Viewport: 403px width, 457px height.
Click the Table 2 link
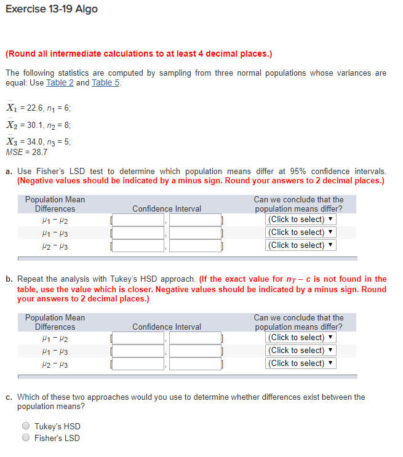pos(60,82)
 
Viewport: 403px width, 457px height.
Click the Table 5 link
pos(105,82)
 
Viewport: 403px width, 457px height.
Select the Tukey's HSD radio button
pos(26,426)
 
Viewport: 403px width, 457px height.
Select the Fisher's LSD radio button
pos(26,438)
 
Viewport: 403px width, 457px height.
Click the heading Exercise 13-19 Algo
pos(52,9)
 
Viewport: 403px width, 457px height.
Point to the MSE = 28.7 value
pos(26,151)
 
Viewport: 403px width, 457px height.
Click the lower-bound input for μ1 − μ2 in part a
pos(138,220)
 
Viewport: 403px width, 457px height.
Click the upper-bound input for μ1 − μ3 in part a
pos(195,232)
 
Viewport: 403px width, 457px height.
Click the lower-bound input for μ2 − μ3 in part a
pos(138,245)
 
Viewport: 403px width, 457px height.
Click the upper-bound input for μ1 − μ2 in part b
pos(195,338)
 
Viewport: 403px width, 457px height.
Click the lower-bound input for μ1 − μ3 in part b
pos(138,351)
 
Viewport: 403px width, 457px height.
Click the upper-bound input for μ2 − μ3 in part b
pos(195,363)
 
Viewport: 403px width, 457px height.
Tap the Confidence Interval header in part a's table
pos(167,209)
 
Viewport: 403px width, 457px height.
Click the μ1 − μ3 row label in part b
pos(55,351)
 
